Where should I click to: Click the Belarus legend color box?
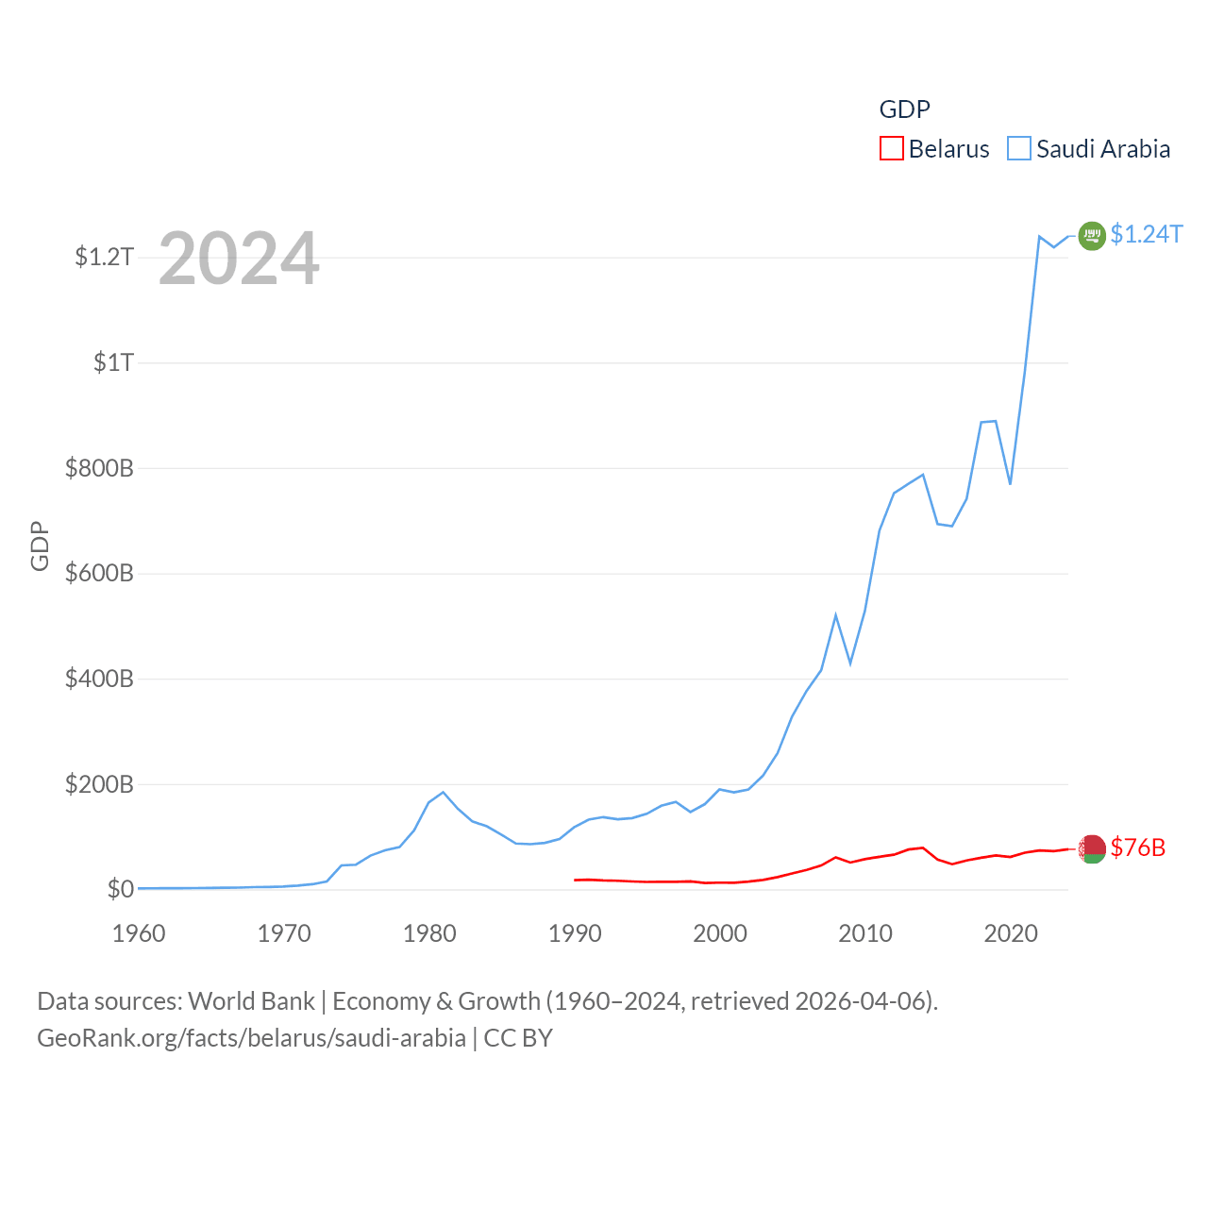pos(891,149)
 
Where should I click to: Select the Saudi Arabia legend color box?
pos(1019,149)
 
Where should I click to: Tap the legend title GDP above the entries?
pos(904,109)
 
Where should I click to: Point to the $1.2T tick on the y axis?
pos(104,257)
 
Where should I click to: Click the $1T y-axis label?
pos(113,362)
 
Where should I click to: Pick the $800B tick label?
pos(99,468)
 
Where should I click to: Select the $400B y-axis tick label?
pos(99,679)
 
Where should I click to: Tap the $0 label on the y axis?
pos(120,889)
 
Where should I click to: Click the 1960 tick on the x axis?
pos(139,933)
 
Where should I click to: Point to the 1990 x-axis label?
pos(575,933)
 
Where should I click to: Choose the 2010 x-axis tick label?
pos(865,933)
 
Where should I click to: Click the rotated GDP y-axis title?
pos(40,545)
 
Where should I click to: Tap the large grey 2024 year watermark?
pos(239,259)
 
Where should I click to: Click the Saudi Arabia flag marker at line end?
pos(1092,235)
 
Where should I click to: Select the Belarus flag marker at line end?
pos(1092,848)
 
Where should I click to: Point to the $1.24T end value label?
pos(1146,234)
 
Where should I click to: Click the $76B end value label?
pos(1137,847)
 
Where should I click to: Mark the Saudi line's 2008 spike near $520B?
pos(835,615)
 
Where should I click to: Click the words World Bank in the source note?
pos(251,1000)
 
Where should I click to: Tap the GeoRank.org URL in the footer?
pos(251,1038)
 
